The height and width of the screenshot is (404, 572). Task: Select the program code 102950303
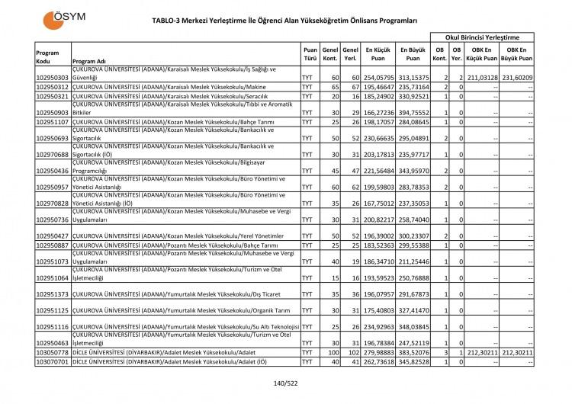(x=53, y=78)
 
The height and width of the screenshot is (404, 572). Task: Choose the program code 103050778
(x=53, y=352)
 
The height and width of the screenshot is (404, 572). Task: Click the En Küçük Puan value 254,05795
(x=378, y=78)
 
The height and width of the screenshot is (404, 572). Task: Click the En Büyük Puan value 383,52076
(x=413, y=352)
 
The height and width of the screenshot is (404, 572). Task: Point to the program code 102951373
(x=53, y=293)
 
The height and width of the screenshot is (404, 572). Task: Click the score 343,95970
(x=413, y=171)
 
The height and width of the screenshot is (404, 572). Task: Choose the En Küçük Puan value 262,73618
(x=378, y=361)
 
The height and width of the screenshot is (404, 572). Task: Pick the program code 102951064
(x=53, y=277)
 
